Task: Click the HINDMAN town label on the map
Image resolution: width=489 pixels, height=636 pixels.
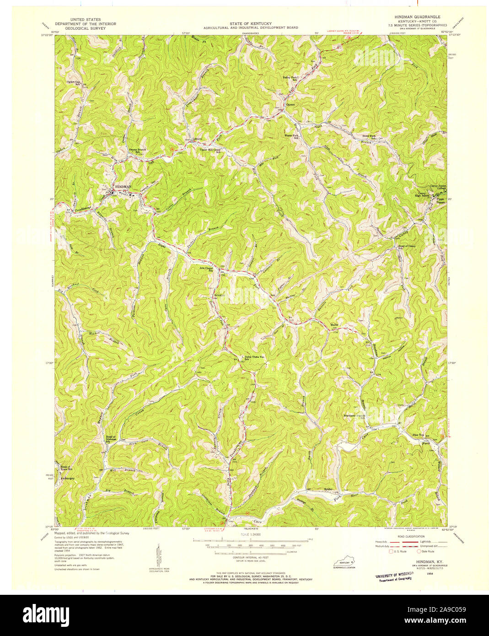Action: [123, 187]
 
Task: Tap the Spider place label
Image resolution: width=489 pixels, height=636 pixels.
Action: [328, 489]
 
